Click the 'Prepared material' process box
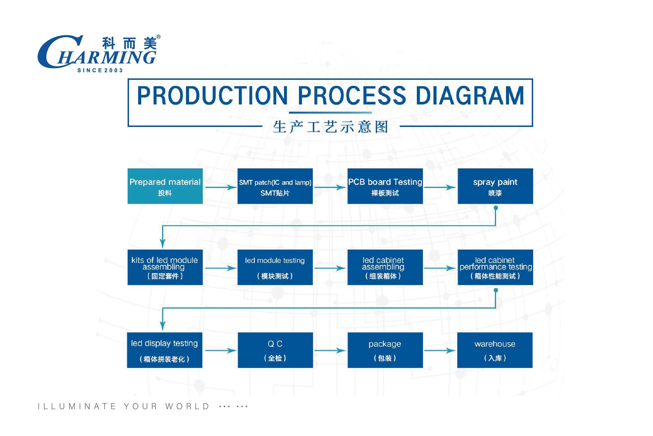(x=165, y=186)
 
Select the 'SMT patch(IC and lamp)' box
(x=275, y=186)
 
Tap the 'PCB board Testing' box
(x=385, y=186)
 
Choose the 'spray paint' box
(x=495, y=186)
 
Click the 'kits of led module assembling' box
(x=165, y=267)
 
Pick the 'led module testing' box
(x=275, y=267)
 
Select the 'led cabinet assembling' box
(x=385, y=267)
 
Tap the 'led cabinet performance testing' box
(x=495, y=267)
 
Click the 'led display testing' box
(x=164, y=350)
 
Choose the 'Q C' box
(x=275, y=350)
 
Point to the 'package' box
(x=385, y=350)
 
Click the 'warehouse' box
(x=495, y=350)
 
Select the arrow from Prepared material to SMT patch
(x=221, y=188)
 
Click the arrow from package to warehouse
(x=440, y=350)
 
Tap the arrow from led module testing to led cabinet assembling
(x=330, y=268)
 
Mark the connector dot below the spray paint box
(x=496, y=208)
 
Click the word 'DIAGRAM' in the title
(x=470, y=96)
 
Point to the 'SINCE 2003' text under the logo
(x=100, y=71)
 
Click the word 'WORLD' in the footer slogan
(x=187, y=406)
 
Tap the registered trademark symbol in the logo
(x=158, y=37)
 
